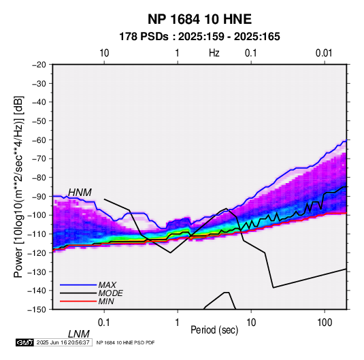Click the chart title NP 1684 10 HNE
coord(199,19)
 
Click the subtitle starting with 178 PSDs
coord(199,37)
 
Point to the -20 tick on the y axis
coord(39,65)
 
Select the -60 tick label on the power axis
coord(39,140)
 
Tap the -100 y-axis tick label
coord(37,215)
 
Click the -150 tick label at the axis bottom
coord(37,310)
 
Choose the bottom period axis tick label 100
coord(325,323)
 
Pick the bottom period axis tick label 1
coord(178,323)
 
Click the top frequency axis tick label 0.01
coord(324,53)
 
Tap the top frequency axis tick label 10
coord(104,53)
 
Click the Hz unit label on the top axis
coord(214,53)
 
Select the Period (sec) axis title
coord(214,330)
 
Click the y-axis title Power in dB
coord(18,186)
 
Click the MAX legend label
coord(107,284)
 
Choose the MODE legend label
coord(110,293)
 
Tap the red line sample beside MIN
coord(78,301)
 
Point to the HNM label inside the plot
coord(80,193)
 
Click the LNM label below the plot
coord(79,334)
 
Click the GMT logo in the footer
coord(25,342)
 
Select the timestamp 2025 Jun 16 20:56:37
coord(63,342)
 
